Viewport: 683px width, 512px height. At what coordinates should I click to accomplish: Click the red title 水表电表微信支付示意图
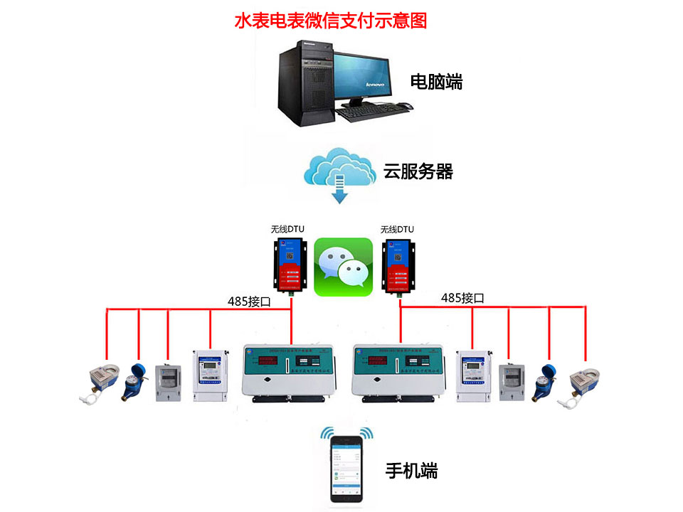pyautogui.click(x=330, y=21)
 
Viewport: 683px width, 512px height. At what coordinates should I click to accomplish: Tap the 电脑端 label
pyautogui.click(x=436, y=82)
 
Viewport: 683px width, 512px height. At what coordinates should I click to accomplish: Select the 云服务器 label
pyautogui.click(x=418, y=171)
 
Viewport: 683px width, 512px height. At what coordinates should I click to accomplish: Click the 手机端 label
pyautogui.click(x=411, y=470)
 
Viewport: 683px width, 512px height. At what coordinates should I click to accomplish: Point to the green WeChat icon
pyautogui.click(x=343, y=267)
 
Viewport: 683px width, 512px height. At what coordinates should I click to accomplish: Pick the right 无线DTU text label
pyautogui.click(x=397, y=229)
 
